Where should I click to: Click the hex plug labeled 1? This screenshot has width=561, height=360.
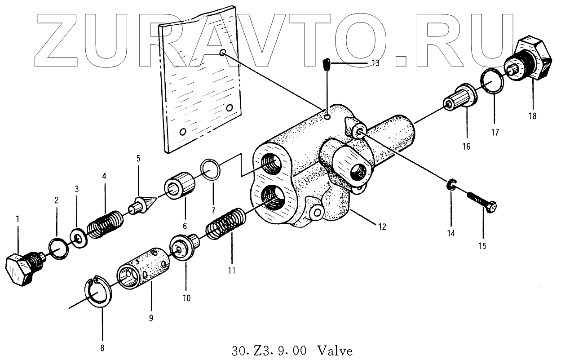[21, 269]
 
